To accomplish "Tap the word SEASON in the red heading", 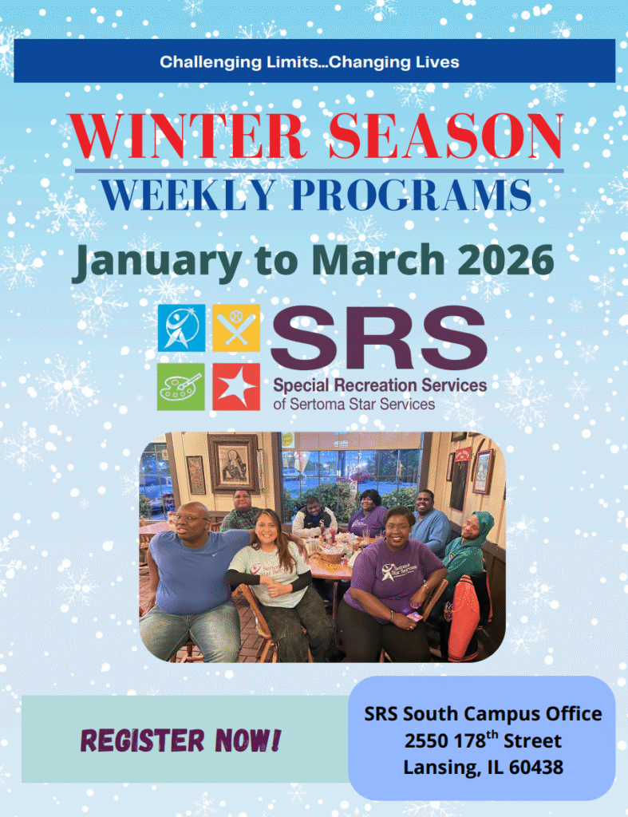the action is [x=446, y=136].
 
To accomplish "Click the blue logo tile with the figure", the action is [x=181, y=328].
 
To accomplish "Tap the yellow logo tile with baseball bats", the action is [x=236, y=328].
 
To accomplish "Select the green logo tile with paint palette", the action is [x=181, y=387].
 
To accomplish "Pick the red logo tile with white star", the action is [x=236, y=387].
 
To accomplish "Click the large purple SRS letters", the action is [x=379, y=337].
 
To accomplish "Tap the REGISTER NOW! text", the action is [x=181, y=740].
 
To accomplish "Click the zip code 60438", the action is [x=535, y=767].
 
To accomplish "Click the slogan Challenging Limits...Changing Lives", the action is [x=310, y=62].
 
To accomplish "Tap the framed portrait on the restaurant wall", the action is [x=233, y=463].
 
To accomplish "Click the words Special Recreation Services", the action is [x=380, y=385].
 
